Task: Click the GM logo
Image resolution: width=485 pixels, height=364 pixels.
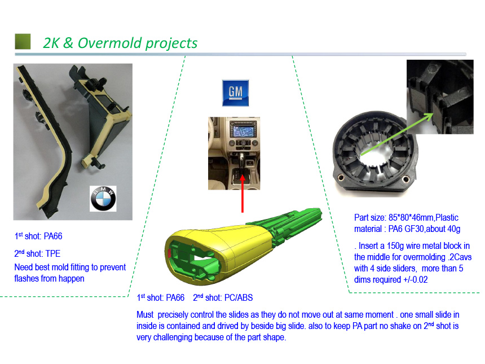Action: coord(235,93)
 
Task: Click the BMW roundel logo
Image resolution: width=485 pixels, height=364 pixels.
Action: coord(103,199)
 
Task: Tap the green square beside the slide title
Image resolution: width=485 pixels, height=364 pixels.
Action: coord(23,41)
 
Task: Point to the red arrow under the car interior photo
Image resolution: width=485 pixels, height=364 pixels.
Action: coord(242,194)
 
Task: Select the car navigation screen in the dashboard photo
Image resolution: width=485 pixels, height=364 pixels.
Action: coord(242,131)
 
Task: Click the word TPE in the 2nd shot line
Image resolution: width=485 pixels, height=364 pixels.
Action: coord(53,254)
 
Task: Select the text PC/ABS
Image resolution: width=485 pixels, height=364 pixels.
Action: coord(239,298)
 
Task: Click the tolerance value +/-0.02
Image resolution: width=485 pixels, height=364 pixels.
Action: coord(416,280)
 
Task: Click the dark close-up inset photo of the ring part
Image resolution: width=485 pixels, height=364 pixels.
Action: coord(440,97)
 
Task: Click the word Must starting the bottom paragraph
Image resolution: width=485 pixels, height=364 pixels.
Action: coord(145,315)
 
